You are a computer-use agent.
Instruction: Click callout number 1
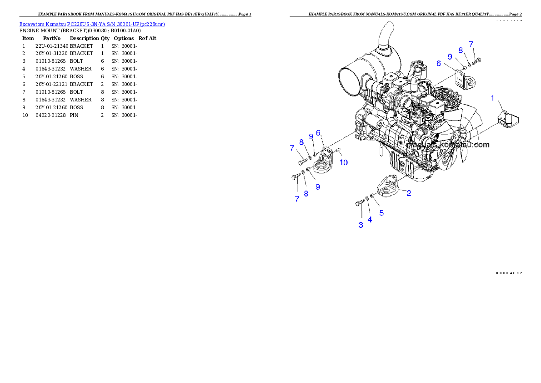point(492,98)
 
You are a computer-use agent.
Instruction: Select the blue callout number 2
point(409,193)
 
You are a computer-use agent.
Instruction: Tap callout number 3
point(361,225)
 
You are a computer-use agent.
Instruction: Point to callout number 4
point(370,219)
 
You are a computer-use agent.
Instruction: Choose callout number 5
point(381,212)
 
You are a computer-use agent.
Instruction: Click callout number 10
point(344,162)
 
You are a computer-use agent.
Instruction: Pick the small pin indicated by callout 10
point(338,151)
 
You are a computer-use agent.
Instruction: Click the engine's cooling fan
point(459,132)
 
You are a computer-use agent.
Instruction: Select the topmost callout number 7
point(471,44)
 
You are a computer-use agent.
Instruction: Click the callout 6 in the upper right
point(439,64)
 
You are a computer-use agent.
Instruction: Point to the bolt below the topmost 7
point(476,60)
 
